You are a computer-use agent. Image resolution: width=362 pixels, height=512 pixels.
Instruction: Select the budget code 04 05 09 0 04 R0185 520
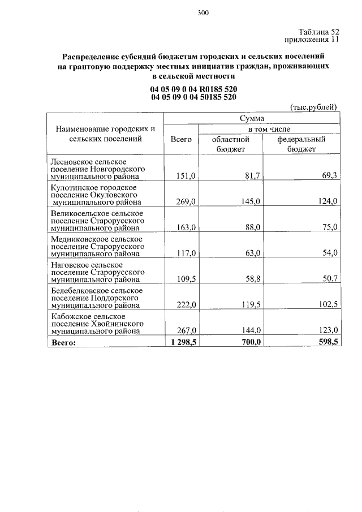click(193, 89)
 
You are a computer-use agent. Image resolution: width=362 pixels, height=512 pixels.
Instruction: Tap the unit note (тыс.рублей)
click(313, 106)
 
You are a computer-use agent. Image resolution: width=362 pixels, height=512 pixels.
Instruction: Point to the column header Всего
click(180, 139)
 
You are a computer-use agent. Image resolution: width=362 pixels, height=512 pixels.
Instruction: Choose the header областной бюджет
click(230, 144)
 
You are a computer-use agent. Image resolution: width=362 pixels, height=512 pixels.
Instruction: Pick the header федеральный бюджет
click(301, 144)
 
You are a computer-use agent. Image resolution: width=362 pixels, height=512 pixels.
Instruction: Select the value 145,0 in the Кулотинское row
click(249, 201)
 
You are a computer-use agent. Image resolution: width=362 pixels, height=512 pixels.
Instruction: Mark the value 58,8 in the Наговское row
click(250, 279)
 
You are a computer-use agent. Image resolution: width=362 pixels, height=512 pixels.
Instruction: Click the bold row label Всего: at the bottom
click(63, 342)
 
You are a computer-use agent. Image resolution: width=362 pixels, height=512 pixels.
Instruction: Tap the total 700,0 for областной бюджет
click(247, 342)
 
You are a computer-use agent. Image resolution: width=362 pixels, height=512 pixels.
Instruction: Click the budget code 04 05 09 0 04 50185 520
click(193, 97)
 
